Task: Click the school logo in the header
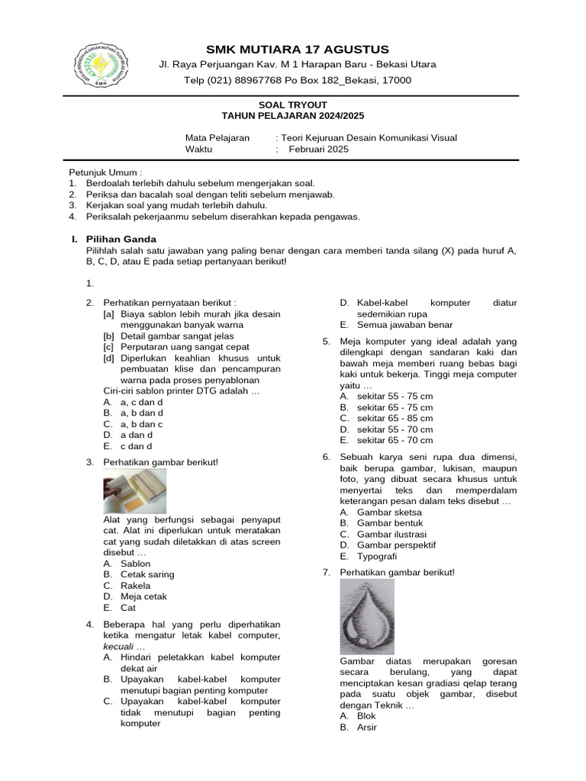click(103, 66)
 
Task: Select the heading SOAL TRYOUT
click(292, 104)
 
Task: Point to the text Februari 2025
click(318, 149)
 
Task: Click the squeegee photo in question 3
click(134, 491)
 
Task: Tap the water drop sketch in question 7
click(367, 616)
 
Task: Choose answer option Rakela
click(134, 586)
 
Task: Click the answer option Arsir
click(367, 727)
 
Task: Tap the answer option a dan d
click(137, 435)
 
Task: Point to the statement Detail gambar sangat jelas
click(175, 336)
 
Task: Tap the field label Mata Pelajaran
click(217, 138)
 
